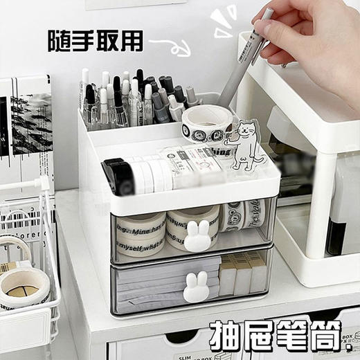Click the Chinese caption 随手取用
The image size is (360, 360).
click(95, 40)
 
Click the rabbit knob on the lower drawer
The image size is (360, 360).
click(196, 287)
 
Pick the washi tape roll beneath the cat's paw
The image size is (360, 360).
click(206, 125)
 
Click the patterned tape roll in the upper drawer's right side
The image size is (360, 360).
click(242, 214)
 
